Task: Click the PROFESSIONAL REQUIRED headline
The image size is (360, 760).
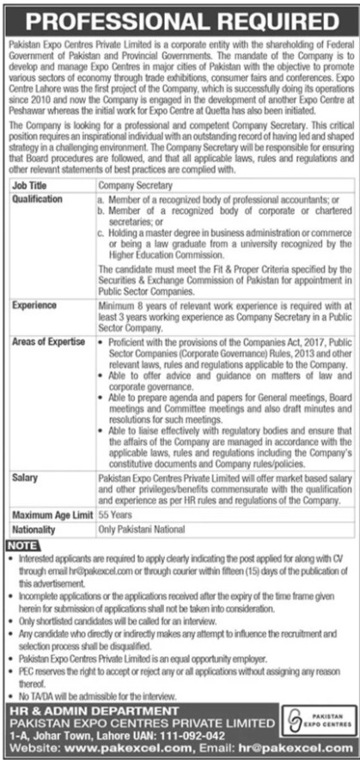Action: point(180,15)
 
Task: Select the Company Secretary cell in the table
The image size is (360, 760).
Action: point(137,185)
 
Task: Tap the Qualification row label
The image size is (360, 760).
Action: point(38,198)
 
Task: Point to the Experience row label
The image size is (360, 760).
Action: point(34,304)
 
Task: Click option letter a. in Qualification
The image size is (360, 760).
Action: point(101,198)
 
